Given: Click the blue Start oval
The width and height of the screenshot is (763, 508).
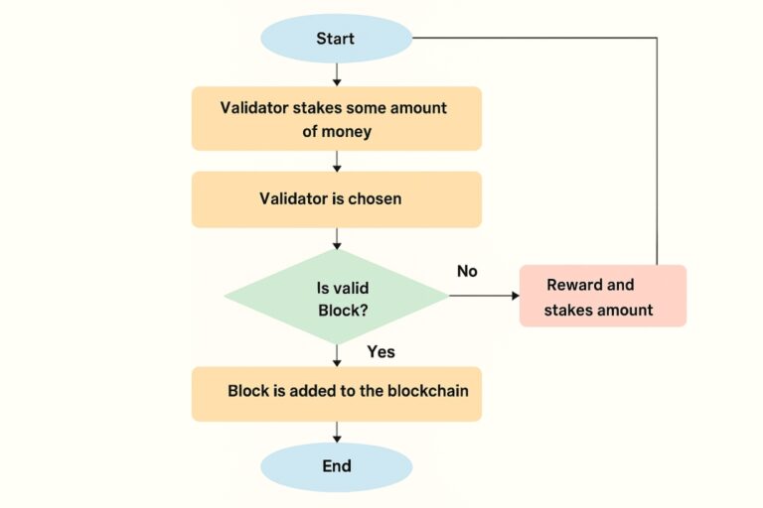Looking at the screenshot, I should (336, 39).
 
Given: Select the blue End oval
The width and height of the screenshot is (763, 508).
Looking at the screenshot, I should (336, 466).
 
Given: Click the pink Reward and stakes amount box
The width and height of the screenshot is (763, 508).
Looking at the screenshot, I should (602, 296).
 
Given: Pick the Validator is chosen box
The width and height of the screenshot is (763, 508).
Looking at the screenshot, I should (336, 198).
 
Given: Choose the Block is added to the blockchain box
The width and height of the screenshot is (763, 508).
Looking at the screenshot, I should (336, 391).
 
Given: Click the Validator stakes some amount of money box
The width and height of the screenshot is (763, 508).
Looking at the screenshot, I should (336, 118).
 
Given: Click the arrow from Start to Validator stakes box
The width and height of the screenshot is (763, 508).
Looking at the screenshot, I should (337, 74).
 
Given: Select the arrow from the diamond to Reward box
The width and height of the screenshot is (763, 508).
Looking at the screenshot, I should (483, 296).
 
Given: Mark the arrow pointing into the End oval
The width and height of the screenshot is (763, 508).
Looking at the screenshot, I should (337, 432).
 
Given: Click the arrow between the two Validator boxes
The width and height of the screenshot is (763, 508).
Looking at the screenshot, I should (337, 161).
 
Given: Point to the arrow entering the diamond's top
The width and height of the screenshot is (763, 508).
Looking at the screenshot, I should (337, 238).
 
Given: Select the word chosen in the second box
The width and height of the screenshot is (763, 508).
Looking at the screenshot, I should (375, 198).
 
